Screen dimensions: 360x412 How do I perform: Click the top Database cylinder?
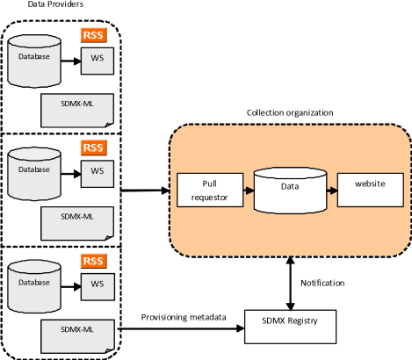34,60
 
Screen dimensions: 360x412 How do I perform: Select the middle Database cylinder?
34,172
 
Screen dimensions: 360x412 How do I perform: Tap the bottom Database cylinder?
34,284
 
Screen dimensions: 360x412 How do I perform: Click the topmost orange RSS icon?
92,35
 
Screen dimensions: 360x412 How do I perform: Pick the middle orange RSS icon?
92,148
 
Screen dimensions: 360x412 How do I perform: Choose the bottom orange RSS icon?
92,261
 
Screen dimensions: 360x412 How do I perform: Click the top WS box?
97,61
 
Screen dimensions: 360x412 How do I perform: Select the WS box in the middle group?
97,173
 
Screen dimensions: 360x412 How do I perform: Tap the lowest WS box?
97,284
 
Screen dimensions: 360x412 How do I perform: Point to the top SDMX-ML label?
77,104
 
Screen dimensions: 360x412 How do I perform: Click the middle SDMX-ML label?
77,216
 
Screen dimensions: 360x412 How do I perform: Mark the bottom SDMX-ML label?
77,328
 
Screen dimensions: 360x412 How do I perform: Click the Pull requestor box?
209,190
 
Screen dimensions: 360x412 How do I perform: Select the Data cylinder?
290,190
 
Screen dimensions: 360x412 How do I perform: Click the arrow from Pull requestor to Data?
248,190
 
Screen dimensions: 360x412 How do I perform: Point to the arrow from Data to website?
331,190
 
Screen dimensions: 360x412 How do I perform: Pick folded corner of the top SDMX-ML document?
109,123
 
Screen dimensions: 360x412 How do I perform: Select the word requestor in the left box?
209,198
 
